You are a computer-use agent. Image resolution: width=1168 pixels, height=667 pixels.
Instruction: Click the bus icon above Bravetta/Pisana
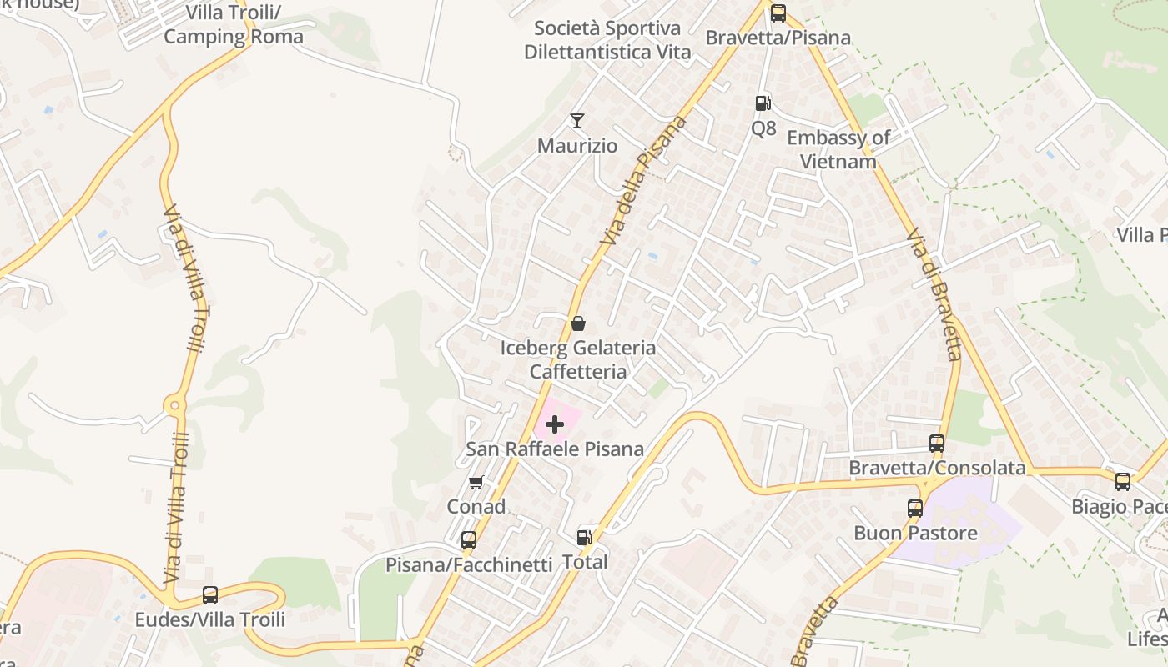[778, 13]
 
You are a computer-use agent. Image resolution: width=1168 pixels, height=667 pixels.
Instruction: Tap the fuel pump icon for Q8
[763, 103]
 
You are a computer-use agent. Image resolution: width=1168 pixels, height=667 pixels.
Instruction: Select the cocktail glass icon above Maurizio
[576, 121]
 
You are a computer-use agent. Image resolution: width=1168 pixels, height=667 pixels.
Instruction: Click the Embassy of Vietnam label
[838, 149]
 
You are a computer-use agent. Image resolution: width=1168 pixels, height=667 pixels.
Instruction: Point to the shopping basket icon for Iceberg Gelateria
[577, 323]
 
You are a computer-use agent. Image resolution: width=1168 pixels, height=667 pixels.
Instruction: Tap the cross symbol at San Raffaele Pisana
[555, 425]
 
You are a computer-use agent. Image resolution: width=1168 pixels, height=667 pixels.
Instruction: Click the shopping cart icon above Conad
[476, 482]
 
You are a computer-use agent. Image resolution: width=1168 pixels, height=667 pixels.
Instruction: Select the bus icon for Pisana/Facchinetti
[469, 540]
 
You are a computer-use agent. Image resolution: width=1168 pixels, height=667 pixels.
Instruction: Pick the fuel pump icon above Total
[586, 538]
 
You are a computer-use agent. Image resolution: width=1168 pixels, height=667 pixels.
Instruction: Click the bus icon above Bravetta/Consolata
[937, 444]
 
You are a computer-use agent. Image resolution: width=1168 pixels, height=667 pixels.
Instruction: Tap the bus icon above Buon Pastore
[915, 508]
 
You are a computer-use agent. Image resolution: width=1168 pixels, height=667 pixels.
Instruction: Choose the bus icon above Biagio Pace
[1123, 482]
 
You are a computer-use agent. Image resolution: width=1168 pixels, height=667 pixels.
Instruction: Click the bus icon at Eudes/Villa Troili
[210, 595]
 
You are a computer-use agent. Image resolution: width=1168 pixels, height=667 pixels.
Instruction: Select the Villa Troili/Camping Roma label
[233, 25]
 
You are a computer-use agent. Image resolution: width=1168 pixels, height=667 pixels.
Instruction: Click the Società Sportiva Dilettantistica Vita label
[607, 40]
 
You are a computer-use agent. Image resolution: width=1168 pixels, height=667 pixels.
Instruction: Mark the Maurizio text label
[577, 146]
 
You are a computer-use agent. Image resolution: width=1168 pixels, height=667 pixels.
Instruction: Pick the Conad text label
[476, 506]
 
